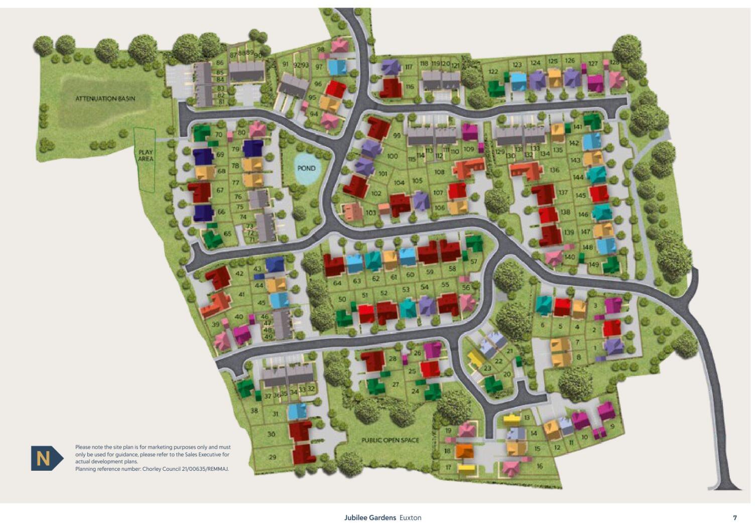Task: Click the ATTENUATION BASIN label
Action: click(105, 98)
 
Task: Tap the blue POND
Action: click(306, 168)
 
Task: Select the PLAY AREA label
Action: click(146, 155)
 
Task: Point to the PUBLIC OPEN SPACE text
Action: click(390, 440)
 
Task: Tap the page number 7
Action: click(735, 517)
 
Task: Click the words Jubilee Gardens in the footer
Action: click(370, 517)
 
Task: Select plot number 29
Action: click(273, 457)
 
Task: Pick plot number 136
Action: click(554, 170)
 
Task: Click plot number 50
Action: click(342, 299)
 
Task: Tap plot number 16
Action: click(540, 466)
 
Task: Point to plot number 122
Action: click(493, 72)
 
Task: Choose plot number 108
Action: click(439, 172)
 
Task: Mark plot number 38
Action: click(254, 411)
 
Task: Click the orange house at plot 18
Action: click(465, 450)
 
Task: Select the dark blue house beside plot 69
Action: click(203, 156)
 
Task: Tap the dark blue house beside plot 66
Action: click(203, 212)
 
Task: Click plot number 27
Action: click(395, 384)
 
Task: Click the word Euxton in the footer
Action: click(410, 517)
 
